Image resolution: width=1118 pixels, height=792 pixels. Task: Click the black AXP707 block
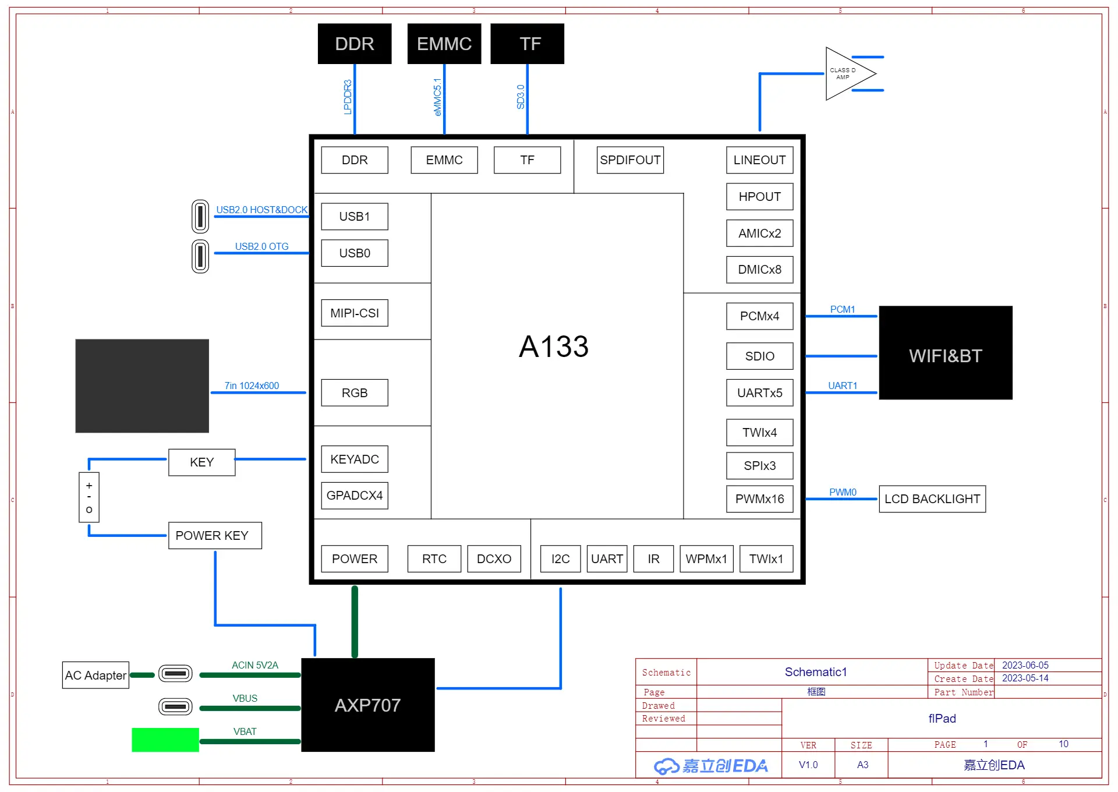click(367, 705)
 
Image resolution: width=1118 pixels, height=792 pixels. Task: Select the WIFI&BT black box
click(946, 353)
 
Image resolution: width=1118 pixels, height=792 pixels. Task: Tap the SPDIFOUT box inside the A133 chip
click(630, 160)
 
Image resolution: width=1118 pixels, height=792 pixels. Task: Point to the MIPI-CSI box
click(355, 313)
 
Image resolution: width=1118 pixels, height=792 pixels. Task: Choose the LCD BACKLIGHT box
click(932, 499)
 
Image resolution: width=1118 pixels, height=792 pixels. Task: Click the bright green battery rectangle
click(165, 740)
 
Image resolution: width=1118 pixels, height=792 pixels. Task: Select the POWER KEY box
click(215, 536)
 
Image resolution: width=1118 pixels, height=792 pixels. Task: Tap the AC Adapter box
click(95, 676)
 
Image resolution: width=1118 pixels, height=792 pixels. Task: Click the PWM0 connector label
click(843, 492)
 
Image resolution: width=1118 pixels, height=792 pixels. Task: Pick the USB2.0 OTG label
click(261, 246)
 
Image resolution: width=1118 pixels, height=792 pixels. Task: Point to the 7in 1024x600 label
click(252, 386)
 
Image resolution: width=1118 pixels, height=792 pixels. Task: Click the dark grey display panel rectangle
click(142, 386)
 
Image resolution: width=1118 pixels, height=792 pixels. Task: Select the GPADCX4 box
click(355, 496)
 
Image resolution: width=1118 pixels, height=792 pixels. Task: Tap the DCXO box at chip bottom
click(494, 559)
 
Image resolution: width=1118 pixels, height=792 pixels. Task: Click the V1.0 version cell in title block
click(808, 765)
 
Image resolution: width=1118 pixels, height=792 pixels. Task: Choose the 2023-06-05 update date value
click(1025, 665)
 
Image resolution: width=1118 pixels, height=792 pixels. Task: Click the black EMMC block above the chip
click(444, 44)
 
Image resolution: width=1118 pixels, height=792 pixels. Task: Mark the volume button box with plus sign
click(89, 497)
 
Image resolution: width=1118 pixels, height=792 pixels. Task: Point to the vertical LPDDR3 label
click(348, 97)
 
